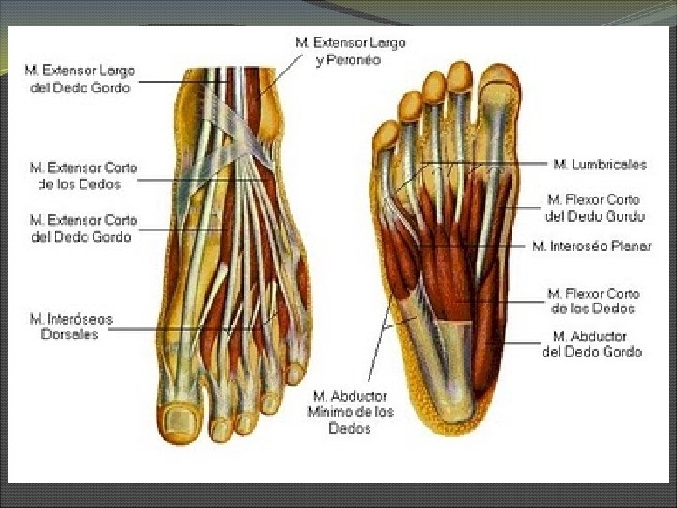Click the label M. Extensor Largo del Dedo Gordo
80,79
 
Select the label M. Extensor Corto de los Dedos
83,176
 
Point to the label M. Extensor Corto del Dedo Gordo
83,229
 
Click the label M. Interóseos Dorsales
70,326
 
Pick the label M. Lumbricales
600,165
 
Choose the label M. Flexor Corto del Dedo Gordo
594,208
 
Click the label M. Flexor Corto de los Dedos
593,301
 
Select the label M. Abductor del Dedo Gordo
592,343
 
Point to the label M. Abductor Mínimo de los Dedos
350,412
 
